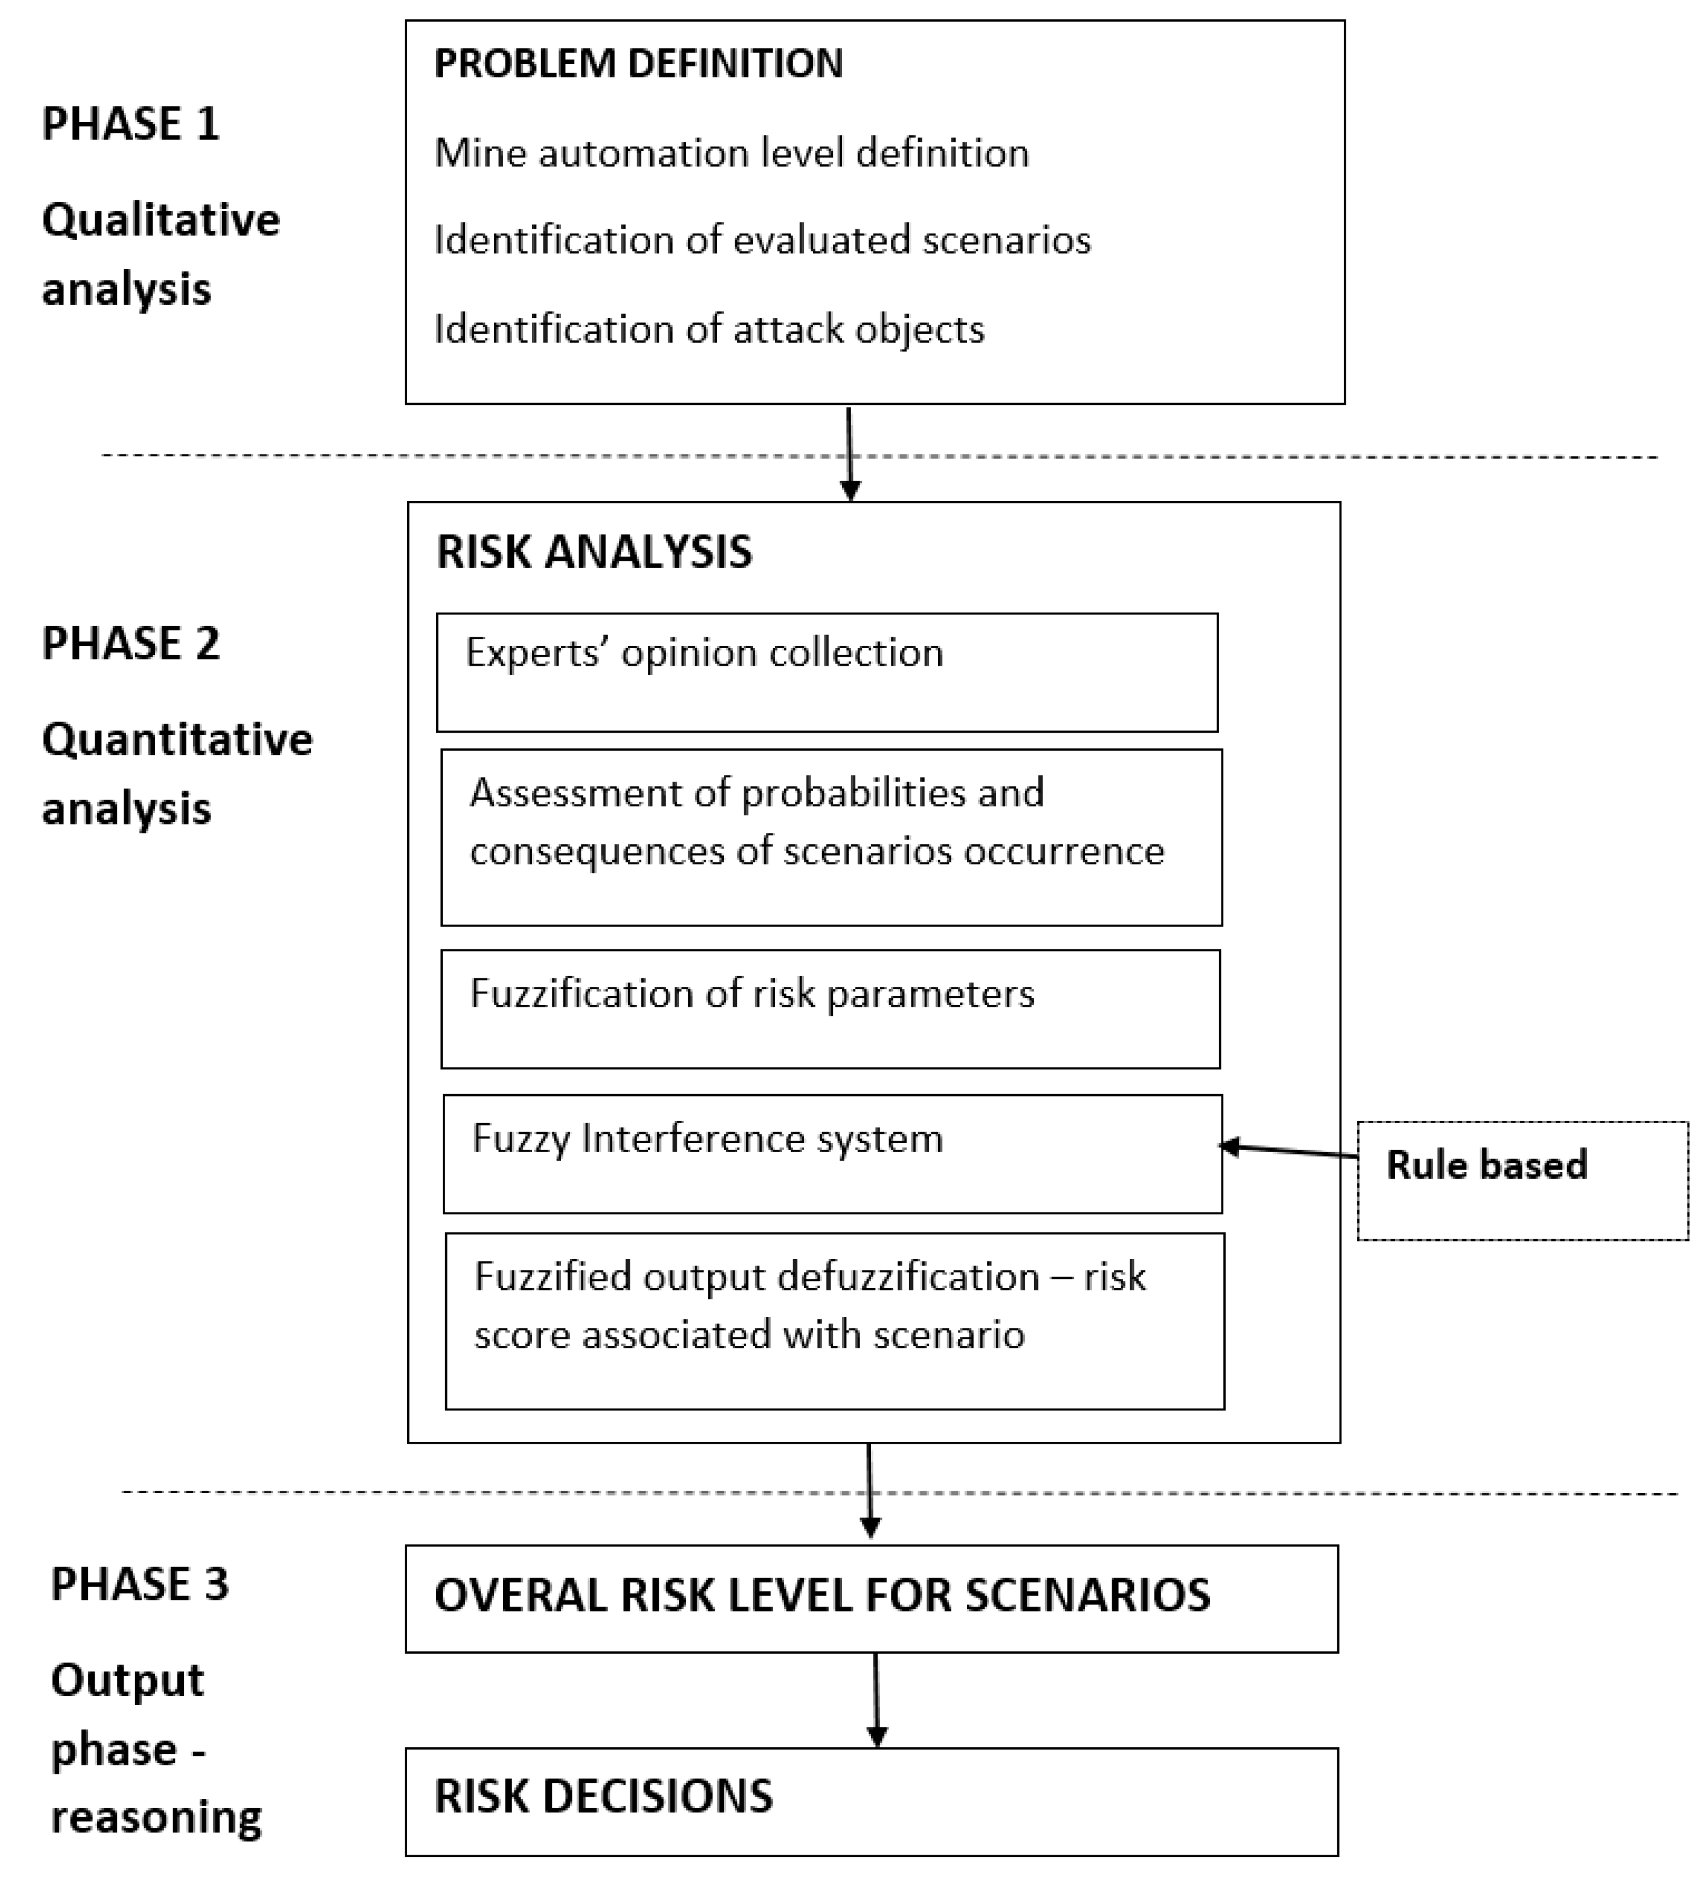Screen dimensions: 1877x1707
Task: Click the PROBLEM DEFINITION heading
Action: tap(639, 64)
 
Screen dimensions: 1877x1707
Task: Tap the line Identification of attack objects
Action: tap(709, 330)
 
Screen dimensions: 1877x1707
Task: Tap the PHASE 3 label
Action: tap(139, 1584)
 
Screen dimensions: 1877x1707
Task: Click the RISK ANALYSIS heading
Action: tap(594, 552)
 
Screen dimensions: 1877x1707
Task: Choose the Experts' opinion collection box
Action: tap(826, 672)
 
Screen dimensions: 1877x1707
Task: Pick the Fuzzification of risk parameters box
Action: tap(830, 1009)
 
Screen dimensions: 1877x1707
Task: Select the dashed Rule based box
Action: tap(1522, 1180)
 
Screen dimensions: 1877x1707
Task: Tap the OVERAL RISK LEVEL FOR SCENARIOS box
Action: tap(871, 1599)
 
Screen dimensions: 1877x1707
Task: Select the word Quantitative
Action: tap(177, 740)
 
